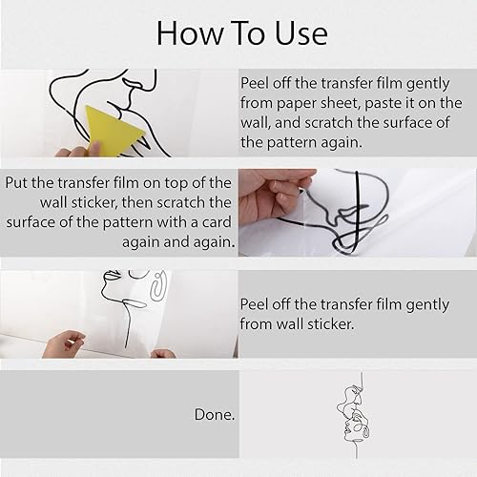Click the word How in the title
[x=190, y=33]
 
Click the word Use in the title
[x=301, y=33]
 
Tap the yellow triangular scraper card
[x=113, y=130]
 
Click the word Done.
[x=215, y=414]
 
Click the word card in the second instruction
[x=217, y=222]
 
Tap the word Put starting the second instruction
[x=16, y=183]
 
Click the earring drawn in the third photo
[x=158, y=286]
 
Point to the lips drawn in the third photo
[x=111, y=275]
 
